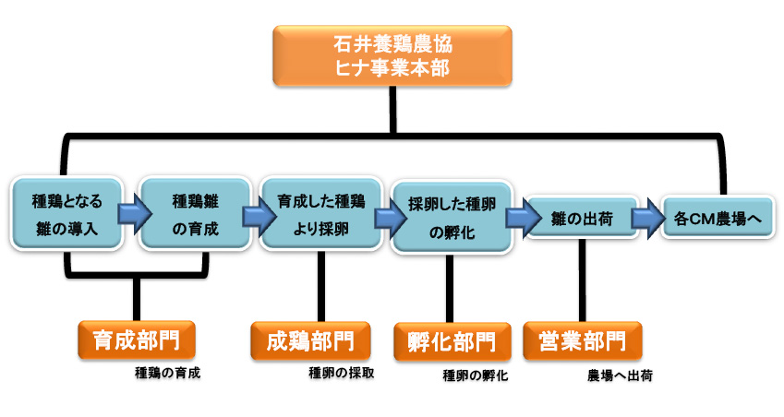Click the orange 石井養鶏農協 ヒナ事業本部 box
tap(392, 55)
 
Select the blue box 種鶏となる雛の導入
tap(67, 212)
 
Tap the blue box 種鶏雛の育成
tap(195, 212)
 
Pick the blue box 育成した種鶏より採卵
tap(320, 212)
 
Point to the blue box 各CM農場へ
tap(717, 219)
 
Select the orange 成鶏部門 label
tap(309, 341)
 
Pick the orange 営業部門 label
tap(582, 341)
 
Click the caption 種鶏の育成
tap(167, 374)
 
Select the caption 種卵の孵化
tap(476, 375)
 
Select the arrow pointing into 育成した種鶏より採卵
tap(252, 217)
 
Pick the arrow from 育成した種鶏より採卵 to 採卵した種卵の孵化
tap(383, 219)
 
